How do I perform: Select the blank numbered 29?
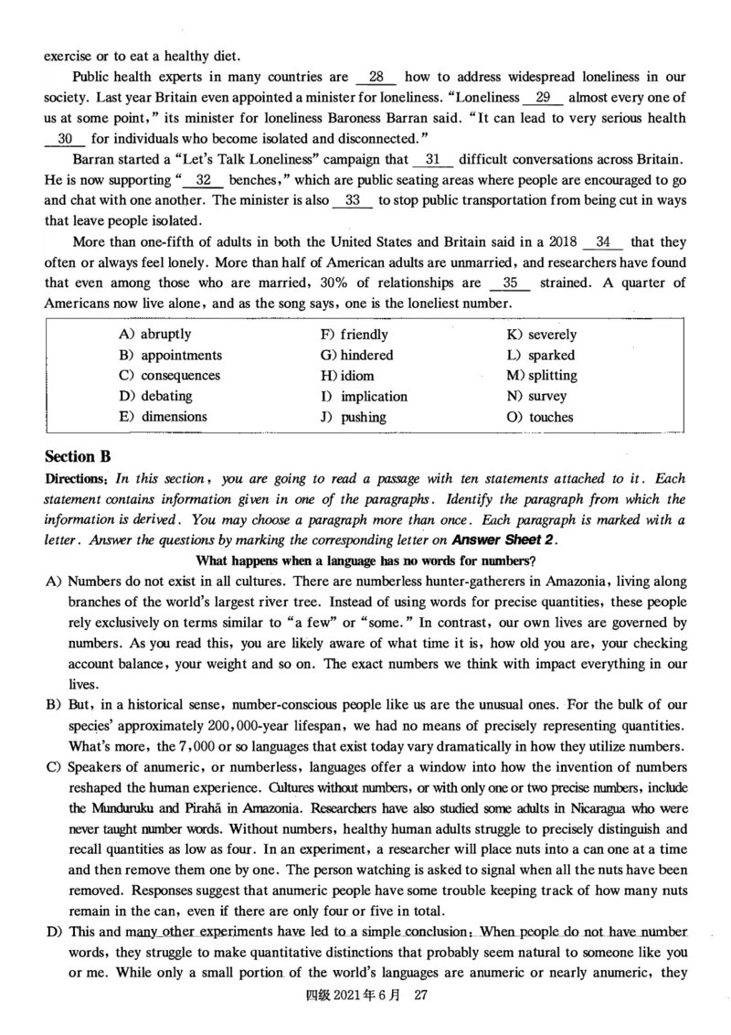542,98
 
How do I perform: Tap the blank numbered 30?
65,139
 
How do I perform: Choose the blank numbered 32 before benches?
204,180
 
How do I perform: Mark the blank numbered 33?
353,201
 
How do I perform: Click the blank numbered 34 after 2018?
602,242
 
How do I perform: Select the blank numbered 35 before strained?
511,283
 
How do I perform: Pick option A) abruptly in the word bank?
154,335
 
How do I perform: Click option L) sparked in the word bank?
539,356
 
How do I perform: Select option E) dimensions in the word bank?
163,417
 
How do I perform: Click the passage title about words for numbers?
365,560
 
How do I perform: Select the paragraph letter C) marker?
53,766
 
